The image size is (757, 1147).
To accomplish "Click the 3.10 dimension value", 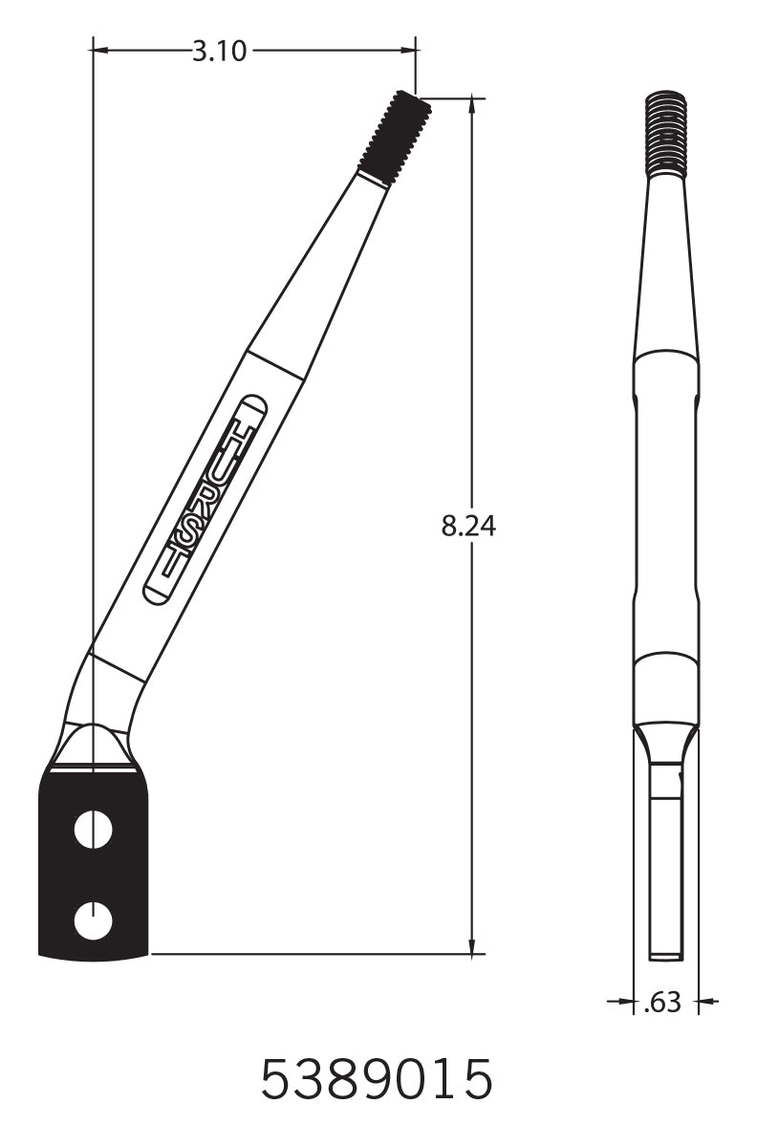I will tap(219, 51).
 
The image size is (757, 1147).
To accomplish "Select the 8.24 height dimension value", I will tap(468, 525).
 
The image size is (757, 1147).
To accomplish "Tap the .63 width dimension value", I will tap(663, 1003).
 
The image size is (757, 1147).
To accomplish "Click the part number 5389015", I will tap(378, 1079).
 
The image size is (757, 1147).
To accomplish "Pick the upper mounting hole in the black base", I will tap(94, 829).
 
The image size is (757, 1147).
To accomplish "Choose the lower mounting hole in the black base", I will tap(94, 920).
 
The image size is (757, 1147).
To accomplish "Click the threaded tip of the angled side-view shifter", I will tap(394, 136).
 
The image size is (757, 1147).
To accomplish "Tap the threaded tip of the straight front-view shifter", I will tap(666, 134).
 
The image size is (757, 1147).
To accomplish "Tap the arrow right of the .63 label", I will tap(706, 1003).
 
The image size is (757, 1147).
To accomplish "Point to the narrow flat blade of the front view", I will tap(666, 860).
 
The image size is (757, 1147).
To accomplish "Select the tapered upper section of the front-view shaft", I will tap(666, 268).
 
